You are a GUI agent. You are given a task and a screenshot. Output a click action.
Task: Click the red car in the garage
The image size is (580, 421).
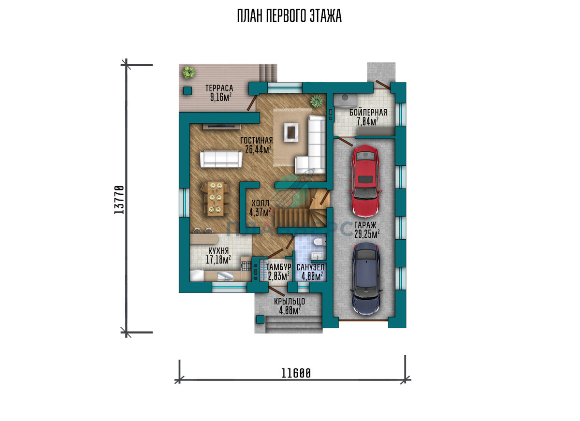coord(365,181)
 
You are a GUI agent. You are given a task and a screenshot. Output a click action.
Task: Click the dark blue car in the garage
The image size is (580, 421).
coord(366,278)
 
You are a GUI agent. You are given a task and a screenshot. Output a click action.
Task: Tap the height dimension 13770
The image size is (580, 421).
coord(119,200)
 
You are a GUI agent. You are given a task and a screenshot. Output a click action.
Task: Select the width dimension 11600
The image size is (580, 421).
coord(296,373)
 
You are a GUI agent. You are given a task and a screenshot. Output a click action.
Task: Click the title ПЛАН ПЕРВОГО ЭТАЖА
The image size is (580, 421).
coord(290,16)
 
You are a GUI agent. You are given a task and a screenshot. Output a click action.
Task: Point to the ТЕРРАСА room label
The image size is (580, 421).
coord(219,88)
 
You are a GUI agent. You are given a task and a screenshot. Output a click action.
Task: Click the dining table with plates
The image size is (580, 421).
coord(216,199)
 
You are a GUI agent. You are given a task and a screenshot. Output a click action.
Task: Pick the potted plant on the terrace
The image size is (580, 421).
coord(188,73)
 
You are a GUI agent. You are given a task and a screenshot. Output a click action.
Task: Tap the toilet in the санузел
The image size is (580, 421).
coord(319,242)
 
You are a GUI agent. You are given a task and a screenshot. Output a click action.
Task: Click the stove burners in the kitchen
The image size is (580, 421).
coord(246,266)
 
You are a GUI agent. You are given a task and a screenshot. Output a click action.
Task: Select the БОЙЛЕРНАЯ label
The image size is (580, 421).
coord(368,113)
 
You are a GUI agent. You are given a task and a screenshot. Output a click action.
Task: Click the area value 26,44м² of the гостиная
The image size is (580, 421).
coord(258,149)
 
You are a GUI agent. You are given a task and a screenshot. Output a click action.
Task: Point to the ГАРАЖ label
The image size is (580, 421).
coord(365,225)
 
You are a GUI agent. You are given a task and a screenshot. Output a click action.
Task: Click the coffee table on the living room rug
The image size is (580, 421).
coord(291,132)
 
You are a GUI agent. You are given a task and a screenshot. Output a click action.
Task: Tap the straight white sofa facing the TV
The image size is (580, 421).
coord(221,159)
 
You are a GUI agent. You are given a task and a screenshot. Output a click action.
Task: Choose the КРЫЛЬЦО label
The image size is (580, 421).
coord(290,302)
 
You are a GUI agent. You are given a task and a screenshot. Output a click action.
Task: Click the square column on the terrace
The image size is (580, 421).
coord(188,90)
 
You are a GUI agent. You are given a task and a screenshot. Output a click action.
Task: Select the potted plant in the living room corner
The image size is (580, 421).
coord(317,101)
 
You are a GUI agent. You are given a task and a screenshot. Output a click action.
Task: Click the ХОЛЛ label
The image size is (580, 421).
coord(260,203)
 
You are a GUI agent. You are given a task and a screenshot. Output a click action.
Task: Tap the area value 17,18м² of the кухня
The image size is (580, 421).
coord(218,260)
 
